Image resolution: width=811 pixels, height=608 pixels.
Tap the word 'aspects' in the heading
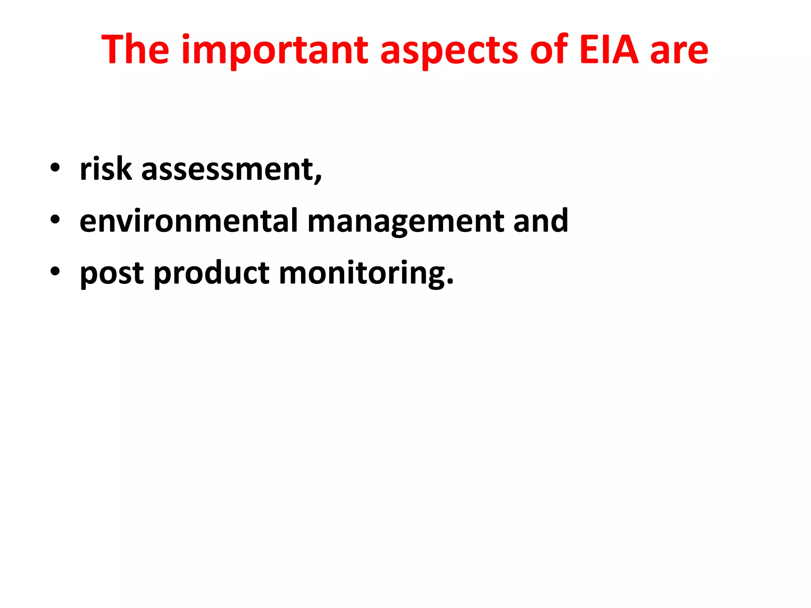(x=449, y=51)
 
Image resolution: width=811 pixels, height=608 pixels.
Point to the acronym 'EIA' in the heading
(x=609, y=50)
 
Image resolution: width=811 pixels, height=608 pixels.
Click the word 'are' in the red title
(x=679, y=51)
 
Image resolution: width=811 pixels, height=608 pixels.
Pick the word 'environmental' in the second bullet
(x=188, y=220)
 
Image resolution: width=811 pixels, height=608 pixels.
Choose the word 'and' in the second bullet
(x=541, y=220)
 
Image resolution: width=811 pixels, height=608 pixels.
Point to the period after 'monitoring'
(x=449, y=282)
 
